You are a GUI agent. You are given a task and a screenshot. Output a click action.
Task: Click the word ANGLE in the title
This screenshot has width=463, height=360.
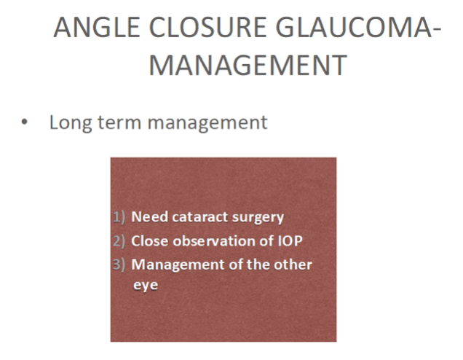97,28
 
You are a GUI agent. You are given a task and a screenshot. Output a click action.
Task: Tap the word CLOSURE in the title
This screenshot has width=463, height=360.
208,28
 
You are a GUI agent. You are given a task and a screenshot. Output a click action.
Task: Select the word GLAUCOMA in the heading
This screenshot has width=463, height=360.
354,28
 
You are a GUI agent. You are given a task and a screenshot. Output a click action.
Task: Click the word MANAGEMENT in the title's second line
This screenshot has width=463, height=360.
248,65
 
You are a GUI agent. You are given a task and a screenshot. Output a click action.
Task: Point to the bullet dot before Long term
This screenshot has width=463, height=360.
25,122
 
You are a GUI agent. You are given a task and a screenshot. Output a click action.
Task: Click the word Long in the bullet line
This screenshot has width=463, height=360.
71,123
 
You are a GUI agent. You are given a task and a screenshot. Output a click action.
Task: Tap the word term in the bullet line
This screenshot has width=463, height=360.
119,122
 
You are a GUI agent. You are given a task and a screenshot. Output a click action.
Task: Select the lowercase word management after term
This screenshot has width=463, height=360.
207,123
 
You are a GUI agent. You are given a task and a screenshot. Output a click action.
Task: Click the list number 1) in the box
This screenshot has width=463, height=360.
119,217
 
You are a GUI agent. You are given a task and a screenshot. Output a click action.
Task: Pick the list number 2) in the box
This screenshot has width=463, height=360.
119,241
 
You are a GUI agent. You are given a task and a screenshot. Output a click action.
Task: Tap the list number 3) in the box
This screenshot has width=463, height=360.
119,265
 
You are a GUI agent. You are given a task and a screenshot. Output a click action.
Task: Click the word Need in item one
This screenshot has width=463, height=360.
150,216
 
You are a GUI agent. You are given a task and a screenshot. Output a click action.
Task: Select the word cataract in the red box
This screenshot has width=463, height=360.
200,217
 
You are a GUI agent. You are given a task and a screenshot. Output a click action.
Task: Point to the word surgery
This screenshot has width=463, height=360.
258,218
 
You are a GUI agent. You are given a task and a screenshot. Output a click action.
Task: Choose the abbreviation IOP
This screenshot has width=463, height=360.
290,241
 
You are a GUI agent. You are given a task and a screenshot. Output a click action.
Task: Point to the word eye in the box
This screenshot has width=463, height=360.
146,286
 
